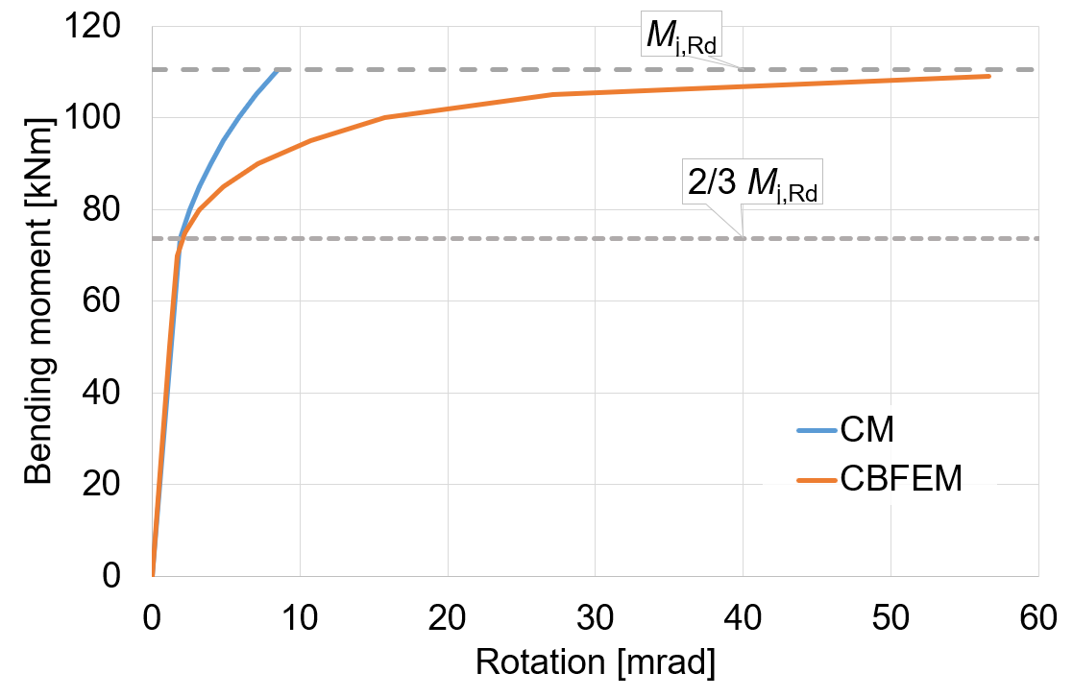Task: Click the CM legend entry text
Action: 866,429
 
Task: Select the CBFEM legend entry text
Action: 900,477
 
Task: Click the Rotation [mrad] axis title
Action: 595,663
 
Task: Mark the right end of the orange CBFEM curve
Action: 988,76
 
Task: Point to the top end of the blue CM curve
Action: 277,71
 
